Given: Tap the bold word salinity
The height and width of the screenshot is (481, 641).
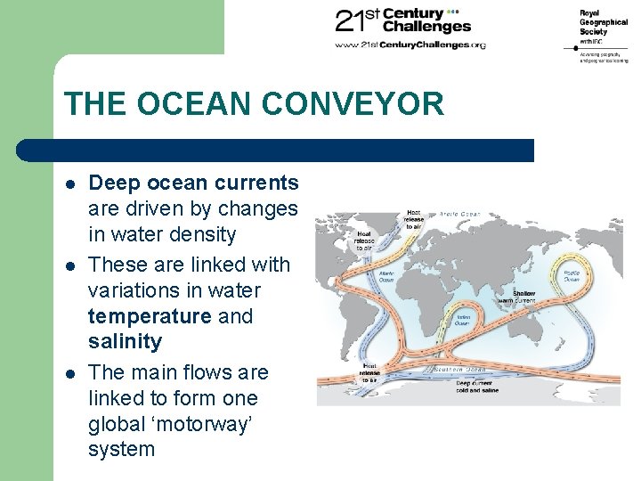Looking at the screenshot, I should coord(125,342).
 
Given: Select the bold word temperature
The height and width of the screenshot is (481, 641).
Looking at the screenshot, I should coord(150,316).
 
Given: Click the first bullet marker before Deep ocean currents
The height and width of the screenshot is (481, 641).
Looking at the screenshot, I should coord(69,183).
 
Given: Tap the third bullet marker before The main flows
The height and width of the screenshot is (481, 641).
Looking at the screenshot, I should coord(69,372).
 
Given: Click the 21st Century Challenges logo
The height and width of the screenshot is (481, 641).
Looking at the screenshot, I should coord(401,22).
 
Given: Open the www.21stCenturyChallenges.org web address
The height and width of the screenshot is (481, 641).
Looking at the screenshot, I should coord(410,45).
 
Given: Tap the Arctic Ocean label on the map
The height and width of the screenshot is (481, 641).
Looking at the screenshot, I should coord(459,214).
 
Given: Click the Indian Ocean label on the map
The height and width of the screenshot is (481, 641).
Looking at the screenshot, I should coord(464,318).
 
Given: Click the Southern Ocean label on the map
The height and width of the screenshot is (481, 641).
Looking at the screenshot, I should coord(460,369).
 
